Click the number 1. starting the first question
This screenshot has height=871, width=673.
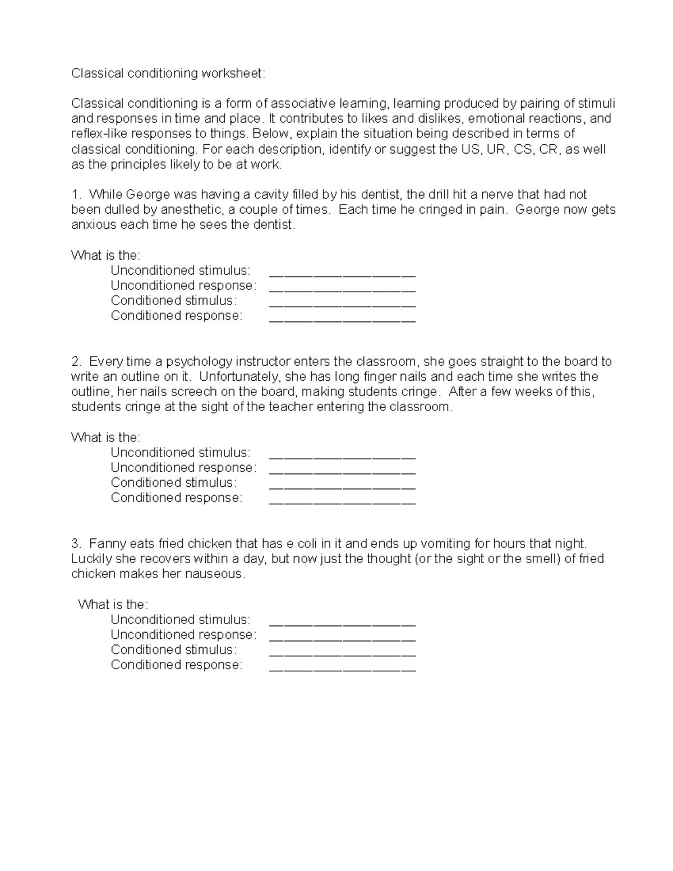[x=76, y=195]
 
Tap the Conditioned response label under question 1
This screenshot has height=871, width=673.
[x=176, y=316]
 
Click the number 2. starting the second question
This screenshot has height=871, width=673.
[x=76, y=362]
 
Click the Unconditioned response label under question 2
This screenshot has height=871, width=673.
[x=183, y=468]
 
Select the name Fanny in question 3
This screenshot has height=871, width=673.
[x=107, y=544]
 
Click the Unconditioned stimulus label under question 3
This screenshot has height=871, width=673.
[x=180, y=620]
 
